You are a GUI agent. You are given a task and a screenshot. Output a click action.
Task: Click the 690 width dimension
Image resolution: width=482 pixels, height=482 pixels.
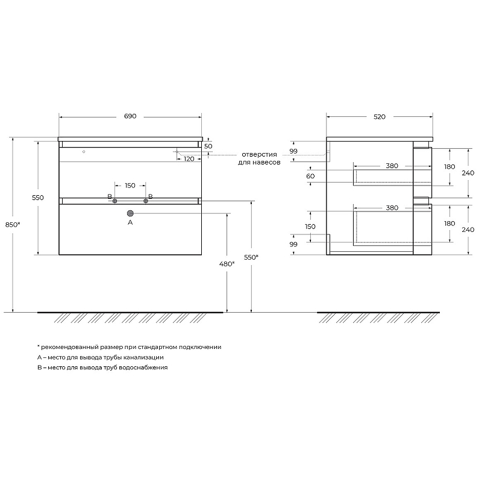(130, 116)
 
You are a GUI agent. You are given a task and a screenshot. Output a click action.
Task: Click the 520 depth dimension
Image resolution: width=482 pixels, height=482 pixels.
(380, 117)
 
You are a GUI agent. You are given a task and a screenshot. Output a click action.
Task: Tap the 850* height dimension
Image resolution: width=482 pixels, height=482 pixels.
(13, 225)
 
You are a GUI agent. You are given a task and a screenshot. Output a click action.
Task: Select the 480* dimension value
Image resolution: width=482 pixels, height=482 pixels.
(227, 264)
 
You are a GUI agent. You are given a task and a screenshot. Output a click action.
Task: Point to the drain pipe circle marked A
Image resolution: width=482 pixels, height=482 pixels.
(130, 213)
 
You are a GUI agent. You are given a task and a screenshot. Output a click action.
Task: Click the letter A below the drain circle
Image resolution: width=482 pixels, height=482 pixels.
(130, 222)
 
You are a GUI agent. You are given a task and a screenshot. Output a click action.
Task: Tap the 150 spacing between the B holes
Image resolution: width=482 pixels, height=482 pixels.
(130, 186)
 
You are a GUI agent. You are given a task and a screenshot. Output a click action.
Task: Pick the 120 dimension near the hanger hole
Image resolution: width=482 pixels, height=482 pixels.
(189, 159)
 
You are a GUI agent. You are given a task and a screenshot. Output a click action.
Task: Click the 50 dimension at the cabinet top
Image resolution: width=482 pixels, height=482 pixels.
(208, 146)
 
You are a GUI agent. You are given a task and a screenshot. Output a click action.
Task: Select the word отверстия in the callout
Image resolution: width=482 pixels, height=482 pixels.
(259, 154)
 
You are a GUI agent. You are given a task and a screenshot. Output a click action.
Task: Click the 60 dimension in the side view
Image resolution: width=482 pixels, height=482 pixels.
(310, 176)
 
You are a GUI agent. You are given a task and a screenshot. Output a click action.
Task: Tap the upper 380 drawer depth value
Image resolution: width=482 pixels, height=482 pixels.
(392, 166)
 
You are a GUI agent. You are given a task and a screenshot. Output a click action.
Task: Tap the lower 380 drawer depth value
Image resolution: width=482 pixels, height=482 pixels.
(392, 208)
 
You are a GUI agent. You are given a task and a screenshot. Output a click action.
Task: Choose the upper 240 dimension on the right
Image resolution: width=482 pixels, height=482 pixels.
(468, 173)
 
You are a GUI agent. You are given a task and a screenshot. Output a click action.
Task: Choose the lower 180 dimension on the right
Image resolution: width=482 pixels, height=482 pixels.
(449, 224)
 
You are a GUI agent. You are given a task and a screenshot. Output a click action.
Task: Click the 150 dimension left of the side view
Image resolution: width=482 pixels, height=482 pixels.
(310, 227)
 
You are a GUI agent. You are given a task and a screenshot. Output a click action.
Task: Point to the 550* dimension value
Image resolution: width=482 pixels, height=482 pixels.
(251, 257)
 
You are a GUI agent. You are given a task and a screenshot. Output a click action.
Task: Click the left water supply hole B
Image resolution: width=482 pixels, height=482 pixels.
(114, 201)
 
